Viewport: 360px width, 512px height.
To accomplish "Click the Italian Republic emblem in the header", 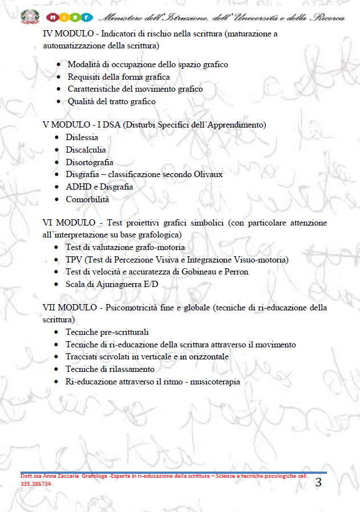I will coord(28,16).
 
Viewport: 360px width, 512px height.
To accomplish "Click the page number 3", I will coord(318,483).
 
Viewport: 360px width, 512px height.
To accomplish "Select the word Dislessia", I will coord(81,137).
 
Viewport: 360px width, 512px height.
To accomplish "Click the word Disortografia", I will coord(89,162).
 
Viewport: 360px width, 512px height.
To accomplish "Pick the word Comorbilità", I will coord(87,199).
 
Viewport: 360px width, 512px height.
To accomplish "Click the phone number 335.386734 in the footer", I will coord(36,484).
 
